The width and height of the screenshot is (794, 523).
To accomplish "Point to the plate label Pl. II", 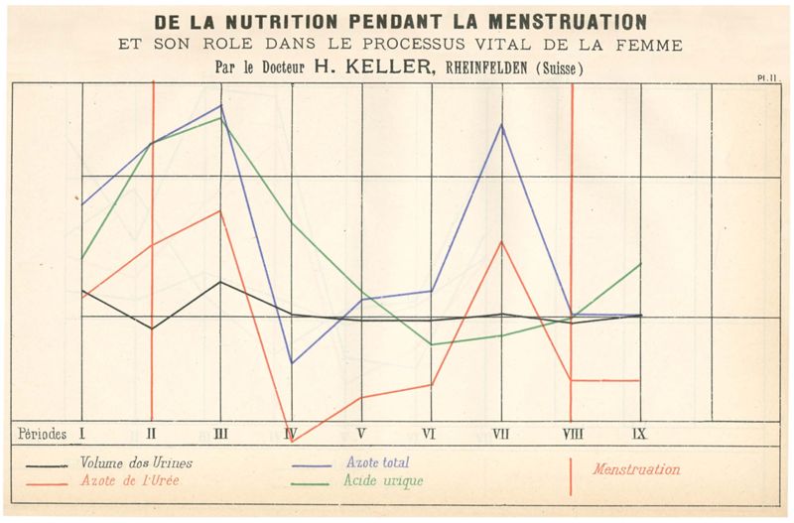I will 765,76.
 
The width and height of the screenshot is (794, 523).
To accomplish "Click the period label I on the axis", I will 81,434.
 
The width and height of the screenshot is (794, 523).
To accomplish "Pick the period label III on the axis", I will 221,434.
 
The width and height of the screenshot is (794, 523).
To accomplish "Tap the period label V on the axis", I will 361,434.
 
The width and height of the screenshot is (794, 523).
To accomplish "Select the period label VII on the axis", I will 501,434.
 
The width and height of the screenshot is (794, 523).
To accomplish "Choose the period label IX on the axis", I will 641,434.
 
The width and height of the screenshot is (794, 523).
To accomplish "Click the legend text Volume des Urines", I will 137,463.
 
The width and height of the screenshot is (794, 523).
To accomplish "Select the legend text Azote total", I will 377,462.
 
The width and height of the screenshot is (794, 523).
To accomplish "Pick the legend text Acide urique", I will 383,481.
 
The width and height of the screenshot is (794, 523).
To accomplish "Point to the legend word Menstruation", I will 636,469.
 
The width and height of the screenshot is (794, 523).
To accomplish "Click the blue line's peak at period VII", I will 502,124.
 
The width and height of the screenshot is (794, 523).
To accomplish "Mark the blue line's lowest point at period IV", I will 292,363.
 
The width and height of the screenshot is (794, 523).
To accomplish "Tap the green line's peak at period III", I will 221,117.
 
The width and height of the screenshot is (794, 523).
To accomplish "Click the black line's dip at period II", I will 152,328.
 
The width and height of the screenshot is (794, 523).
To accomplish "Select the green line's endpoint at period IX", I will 641,264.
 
